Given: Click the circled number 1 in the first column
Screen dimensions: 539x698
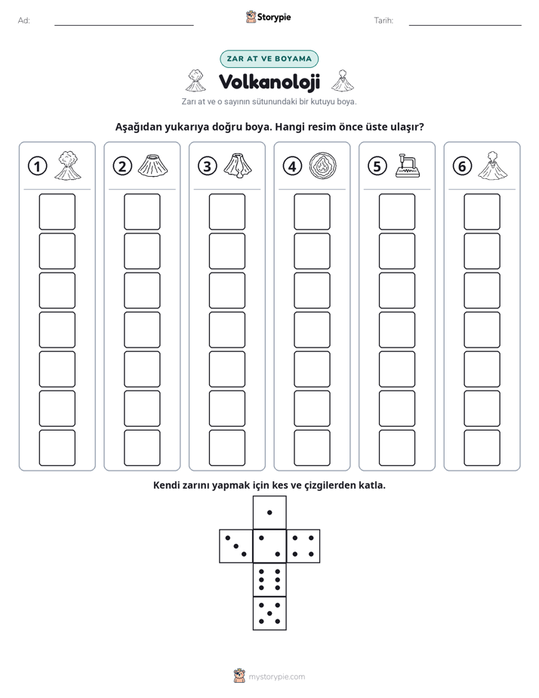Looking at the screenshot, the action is click(x=37, y=166).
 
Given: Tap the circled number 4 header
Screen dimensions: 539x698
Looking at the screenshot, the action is click(x=292, y=166).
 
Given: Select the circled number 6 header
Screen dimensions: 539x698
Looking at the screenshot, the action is click(x=462, y=166).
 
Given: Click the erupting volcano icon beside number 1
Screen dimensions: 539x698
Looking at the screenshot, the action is click(x=68, y=165).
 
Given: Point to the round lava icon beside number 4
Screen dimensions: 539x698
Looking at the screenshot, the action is click(x=322, y=166).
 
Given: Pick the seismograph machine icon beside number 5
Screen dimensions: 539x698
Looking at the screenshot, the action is click(x=408, y=165).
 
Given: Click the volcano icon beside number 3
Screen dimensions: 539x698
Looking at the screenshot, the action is click(x=238, y=165).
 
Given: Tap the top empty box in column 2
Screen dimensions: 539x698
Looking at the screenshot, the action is click(x=142, y=212).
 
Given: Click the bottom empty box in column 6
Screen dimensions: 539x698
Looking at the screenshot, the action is click(x=482, y=448).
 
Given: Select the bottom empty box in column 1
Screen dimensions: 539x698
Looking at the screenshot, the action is click(x=57, y=448).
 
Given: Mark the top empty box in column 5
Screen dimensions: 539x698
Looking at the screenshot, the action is click(x=396, y=212).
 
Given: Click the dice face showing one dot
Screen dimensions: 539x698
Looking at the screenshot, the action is click(x=269, y=512).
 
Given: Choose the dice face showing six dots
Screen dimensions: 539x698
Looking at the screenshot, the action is click(x=269, y=579).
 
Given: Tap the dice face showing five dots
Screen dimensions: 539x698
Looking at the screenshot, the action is click(x=269, y=613).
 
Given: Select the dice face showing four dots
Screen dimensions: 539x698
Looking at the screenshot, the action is click(x=303, y=546).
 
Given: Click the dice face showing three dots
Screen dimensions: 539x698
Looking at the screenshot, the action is click(x=236, y=546).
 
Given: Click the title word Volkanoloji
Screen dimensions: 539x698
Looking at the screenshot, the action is click(x=269, y=82).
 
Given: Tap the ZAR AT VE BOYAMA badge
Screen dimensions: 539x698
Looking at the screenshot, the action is click(x=269, y=59).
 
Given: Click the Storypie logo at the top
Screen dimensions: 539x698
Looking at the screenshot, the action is click(x=268, y=17).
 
